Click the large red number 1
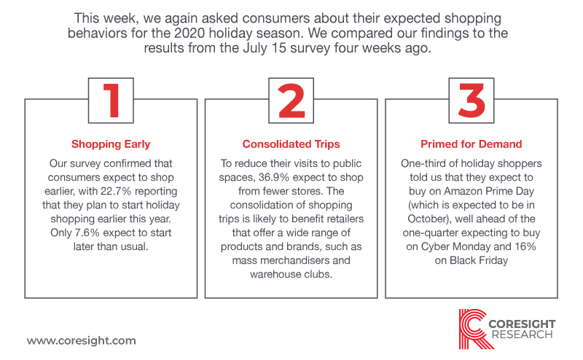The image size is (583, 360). (x=111, y=101)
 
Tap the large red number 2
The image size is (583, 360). (x=291, y=101)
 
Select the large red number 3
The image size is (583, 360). (x=472, y=101)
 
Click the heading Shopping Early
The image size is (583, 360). (x=111, y=144)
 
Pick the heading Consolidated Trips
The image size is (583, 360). (x=291, y=144)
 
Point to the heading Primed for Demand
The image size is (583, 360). (x=472, y=144)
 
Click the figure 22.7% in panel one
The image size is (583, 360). (x=116, y=191)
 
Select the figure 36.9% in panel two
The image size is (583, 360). (x=274, y=177)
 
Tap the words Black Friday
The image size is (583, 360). (x=479, y=260)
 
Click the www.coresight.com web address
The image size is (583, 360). (x=82, y=340)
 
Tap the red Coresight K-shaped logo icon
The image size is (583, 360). (x=473, y=329)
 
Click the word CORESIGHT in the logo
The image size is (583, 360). (x=522, y=324)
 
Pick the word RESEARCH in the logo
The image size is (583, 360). (x=522, y=334)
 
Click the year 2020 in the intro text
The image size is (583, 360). (x=189, y=33)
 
